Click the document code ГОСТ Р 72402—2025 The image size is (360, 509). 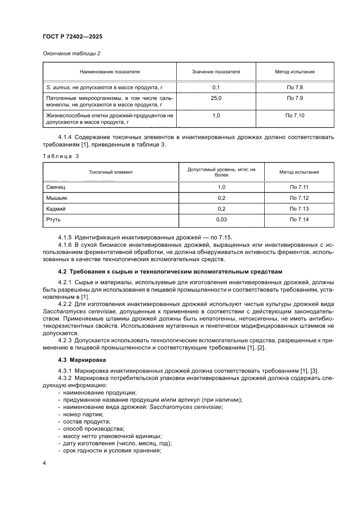[x=72, y=37]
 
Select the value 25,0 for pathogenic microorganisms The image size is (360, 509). [x=216, y=98]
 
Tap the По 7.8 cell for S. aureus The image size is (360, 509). [x=295, y=88]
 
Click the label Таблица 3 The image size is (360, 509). [x=61, y=155]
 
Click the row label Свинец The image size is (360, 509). [x=56, y=187]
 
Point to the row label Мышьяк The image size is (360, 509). [x=57, y=198]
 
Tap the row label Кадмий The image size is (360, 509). [x=56, y=209]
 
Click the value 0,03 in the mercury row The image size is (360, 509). [x=221, y=219]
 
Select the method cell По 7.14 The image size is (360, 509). [x=299, y=219]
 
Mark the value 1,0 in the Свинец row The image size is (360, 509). [x=221, y=187]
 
